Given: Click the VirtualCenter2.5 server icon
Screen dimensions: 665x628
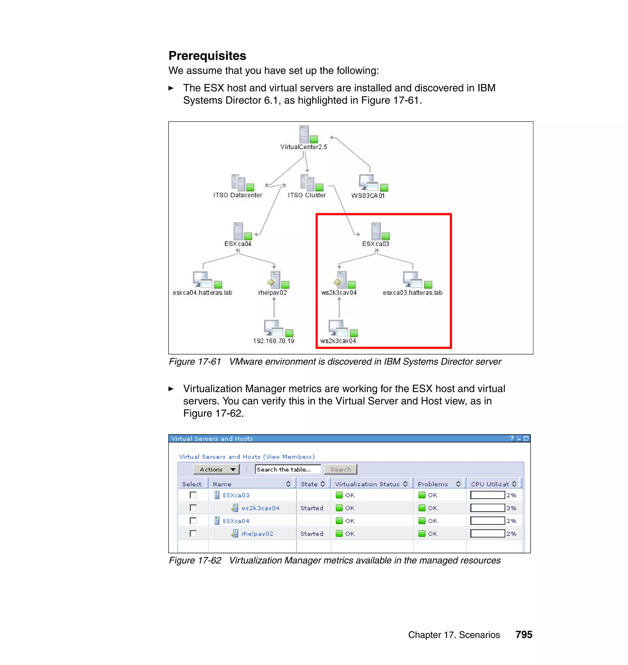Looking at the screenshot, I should (304, 134).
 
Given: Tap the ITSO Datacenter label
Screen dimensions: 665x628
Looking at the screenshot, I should (238, 195).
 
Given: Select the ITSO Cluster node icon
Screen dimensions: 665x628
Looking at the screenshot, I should (307, 183).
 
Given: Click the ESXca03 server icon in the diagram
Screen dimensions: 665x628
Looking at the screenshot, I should (376, 231).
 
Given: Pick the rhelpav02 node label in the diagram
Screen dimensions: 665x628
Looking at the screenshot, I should (273, 293).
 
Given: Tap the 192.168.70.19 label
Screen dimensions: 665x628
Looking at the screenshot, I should (274, 341).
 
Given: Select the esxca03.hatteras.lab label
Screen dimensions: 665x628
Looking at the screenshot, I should (412, 293).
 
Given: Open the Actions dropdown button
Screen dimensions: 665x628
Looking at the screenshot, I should (216, 469).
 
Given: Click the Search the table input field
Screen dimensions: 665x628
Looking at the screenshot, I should (288, 469).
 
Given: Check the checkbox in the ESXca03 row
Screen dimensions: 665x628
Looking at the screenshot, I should (193, 495).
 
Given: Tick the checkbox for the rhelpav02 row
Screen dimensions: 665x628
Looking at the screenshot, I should (193, 533).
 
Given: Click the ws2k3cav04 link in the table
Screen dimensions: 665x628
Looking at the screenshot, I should (260, 508).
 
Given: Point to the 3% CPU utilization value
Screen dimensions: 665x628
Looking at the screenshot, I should (511, 508).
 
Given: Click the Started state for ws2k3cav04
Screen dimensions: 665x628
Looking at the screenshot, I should (312, 508).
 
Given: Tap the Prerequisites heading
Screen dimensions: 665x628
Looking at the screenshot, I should (207, 56).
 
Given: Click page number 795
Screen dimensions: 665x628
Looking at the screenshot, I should (524, 635).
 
